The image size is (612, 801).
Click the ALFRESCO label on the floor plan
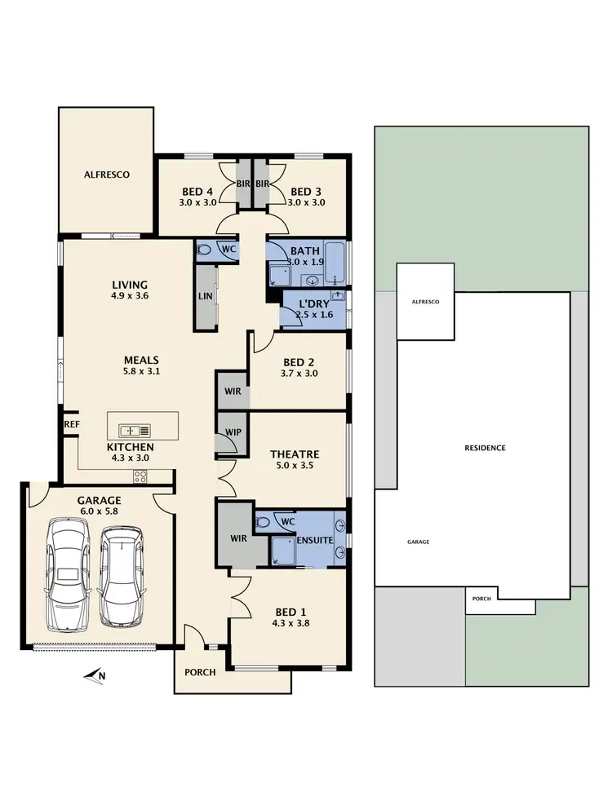107,175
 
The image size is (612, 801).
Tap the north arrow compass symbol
96,675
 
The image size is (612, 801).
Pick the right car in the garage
120,574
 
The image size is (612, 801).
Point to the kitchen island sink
132,430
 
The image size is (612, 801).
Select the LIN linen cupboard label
204,296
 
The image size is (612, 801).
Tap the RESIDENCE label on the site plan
486,448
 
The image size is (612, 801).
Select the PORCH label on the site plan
481,599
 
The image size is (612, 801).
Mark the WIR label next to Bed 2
232,392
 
